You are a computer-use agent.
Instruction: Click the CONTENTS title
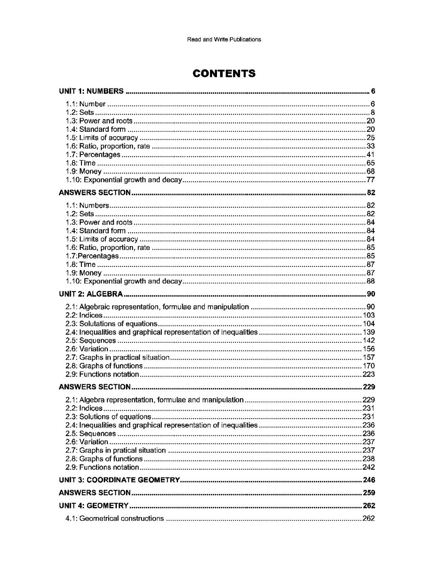click(224, 74)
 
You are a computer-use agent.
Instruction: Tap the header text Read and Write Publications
click(224, 40)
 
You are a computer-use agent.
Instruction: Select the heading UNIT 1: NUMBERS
click(91, 91)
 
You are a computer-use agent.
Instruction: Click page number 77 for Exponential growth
click(371, 180)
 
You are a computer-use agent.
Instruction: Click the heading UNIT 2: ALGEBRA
click(91, 294)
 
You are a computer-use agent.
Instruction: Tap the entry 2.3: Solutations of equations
click(118, 324)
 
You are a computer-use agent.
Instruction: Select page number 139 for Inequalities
click(369, 332)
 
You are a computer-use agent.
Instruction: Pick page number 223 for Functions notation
click(369, 374)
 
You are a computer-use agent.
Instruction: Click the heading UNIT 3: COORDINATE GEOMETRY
click(119, 480)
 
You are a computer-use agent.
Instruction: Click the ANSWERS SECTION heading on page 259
click(95, 493)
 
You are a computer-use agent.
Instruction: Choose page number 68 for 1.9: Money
click(371, 171)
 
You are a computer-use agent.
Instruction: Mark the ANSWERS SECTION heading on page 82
click(95, 192)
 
